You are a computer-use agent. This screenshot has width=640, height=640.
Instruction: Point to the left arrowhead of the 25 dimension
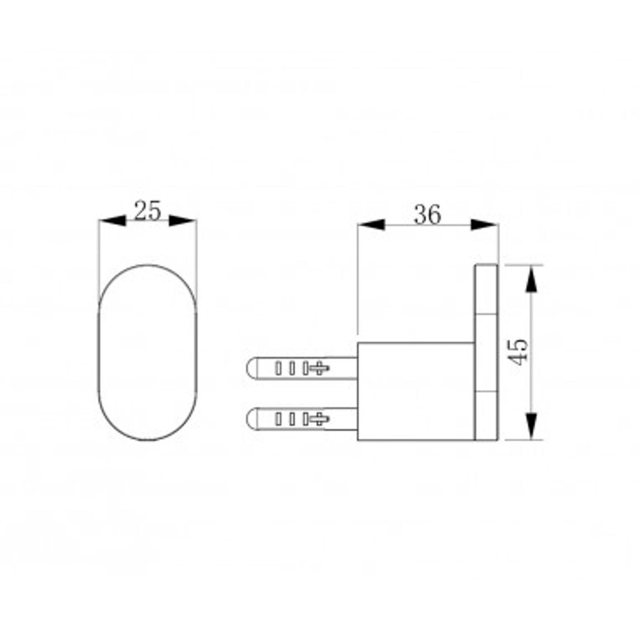[113, 221]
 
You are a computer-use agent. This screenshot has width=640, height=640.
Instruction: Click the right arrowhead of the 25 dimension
[182, 221]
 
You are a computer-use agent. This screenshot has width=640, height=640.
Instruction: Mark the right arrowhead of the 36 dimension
[484, 224]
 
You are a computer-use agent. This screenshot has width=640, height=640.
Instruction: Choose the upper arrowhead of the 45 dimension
[531, 279]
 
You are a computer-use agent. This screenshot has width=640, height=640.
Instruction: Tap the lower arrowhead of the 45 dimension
[531, 426]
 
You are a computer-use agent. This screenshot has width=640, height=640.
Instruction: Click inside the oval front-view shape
[147, 352]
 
